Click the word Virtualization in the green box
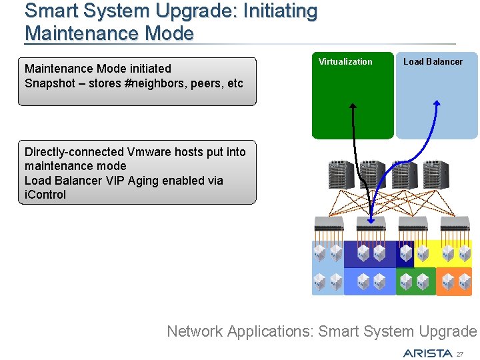coord(345,61)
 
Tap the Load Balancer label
coord(433,61)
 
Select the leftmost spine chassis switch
coord(340,175)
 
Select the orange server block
coord(454,281)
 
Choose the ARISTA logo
coord(427,353)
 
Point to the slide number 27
coord(460,353)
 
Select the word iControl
coord(45,195)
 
